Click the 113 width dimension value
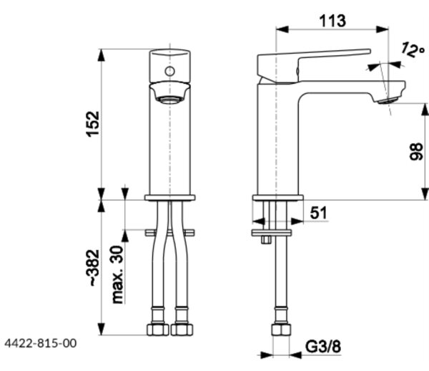pos(332,21)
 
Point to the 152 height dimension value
pos(93,124)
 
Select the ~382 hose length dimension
pos(93,268)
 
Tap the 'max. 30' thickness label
pos(118,274)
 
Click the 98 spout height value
pos(416,152)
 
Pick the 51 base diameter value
pos(318,213)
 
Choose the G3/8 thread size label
pos(323,347)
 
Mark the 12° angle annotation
pos(413,49)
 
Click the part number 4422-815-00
pos(41,343)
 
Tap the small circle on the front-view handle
pos(169,72)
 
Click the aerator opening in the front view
pos(169,100)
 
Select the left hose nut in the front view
pos(158,329)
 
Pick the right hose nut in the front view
pos(182,329)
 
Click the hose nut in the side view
pos(281,329)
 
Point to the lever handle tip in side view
pos(370,52)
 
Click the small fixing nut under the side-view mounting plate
pos(266,240)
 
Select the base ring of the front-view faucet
pos(169,198)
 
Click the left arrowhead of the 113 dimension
pos(282,29)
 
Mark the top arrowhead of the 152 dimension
pos(102,55)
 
